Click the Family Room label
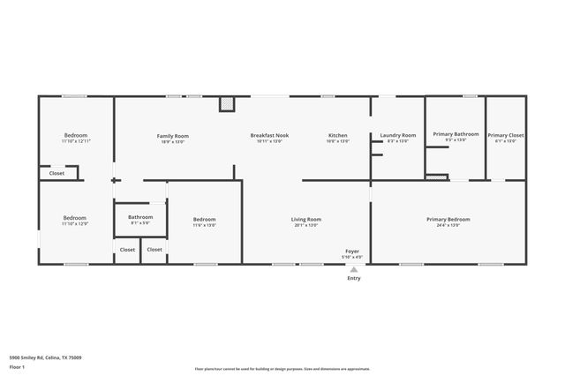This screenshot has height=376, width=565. (x=173, y=136)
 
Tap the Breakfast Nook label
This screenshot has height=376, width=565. (x=269, y=136)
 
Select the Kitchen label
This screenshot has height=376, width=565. (x=338, y=136)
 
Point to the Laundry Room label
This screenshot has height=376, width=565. (x=397, y=136)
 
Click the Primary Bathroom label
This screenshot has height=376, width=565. (x=456, y=134)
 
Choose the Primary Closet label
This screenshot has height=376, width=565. (x=506, y=135)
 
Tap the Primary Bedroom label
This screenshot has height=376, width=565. (x=448, y=219)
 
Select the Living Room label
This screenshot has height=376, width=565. (x=306, y=219)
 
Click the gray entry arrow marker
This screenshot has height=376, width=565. (x=353, y=269)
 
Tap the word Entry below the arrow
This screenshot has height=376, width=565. (x=353, y=279)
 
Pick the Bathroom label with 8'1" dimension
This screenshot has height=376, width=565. (x=140, y=217)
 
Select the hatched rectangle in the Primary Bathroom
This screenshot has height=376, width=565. (x=437, y=177)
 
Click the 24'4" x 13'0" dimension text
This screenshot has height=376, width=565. (x=448, y=226)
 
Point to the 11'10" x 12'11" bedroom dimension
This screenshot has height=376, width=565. (x=76, y=141)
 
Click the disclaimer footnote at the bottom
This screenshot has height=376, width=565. (x=282, y=369)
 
